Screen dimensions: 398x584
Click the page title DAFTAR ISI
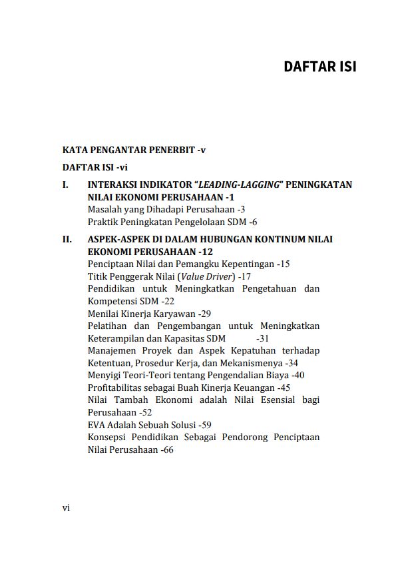point(319,67)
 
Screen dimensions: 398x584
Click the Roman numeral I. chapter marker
point(65,184)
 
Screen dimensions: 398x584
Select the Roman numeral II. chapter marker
point(67,239)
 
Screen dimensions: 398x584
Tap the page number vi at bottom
point(66,507)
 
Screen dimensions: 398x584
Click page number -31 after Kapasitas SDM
point(262,338)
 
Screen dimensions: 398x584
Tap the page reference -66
point(166,450)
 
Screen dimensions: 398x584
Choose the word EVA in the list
point(97,425)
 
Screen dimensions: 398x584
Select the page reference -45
point(284,388)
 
